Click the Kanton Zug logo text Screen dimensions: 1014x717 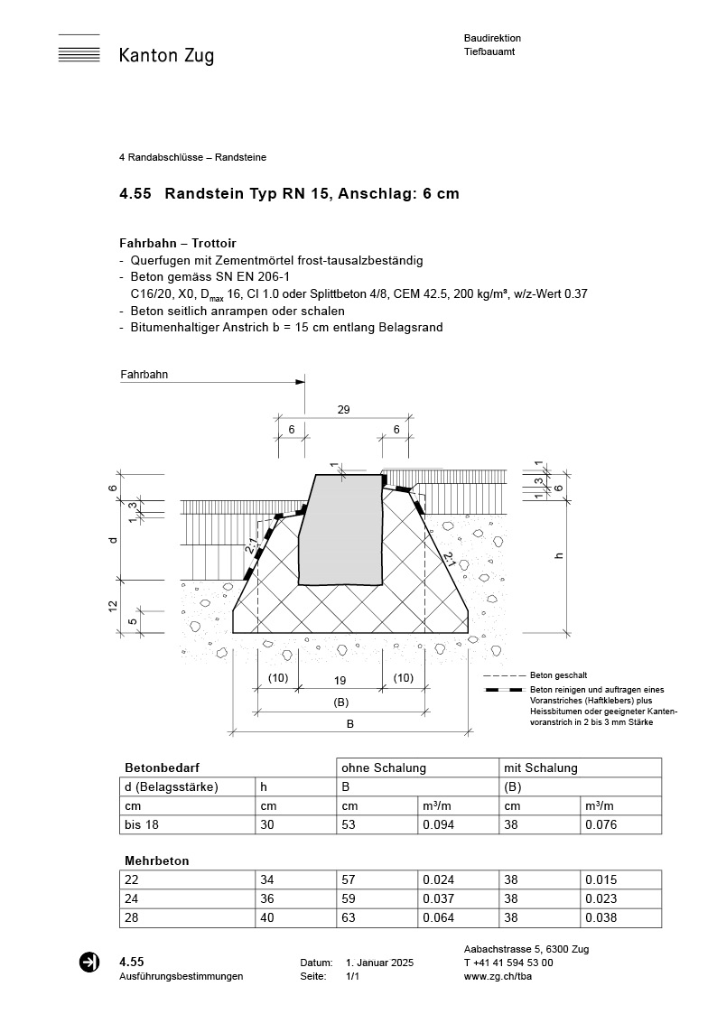(x=166, y=56)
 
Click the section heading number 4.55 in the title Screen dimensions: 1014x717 (x=135, y=193)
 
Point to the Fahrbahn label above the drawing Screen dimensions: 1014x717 (x=144, y=374)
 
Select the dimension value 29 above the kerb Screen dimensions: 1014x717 (x=343, y=410)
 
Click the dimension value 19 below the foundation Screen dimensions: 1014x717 (x=340, y=678)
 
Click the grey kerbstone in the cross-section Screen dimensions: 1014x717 (x=340, y=528)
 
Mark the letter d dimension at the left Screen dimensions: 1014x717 (x=112, y=539)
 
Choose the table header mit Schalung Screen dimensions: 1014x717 (x=540, y=767)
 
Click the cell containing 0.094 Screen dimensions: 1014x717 (x=438, y=824)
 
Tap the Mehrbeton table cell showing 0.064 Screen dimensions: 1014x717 (x=438, y=917)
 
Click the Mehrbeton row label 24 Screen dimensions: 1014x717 (x=132, y=898)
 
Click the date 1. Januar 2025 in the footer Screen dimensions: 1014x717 (x=379, y=963)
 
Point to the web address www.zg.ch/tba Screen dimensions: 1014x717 (x=498, y=976)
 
